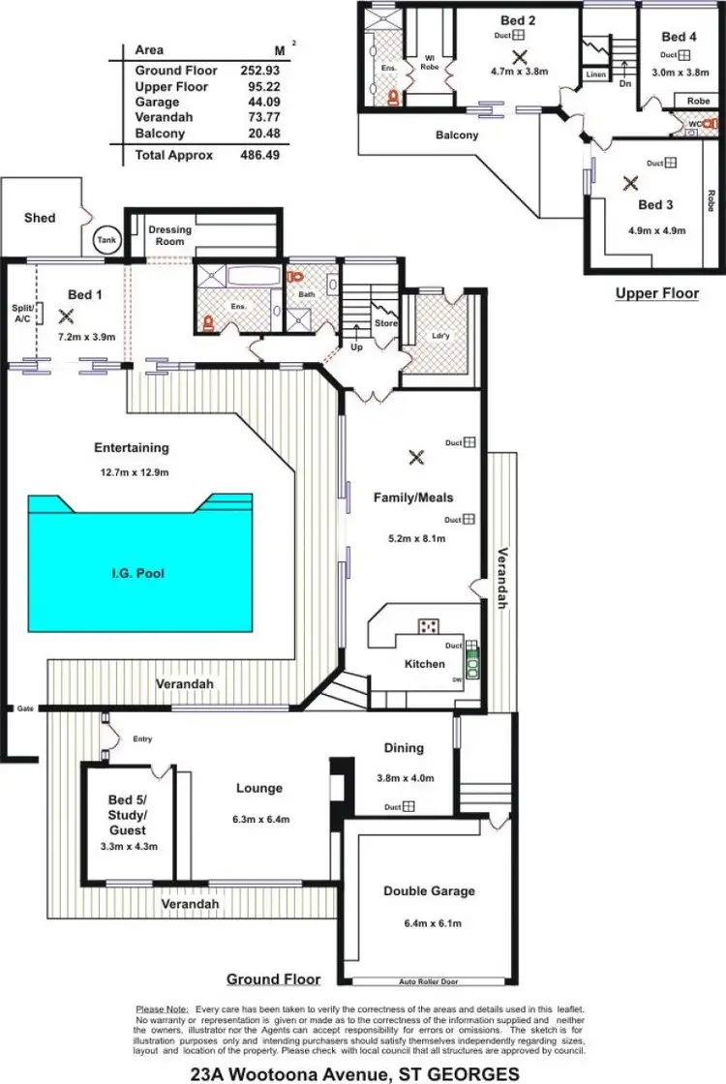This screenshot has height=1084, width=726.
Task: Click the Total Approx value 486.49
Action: point(258,155)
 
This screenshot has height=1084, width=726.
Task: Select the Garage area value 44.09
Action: point(258,102)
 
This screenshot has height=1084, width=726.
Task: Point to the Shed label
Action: point(40,218)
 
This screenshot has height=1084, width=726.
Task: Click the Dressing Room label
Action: point(169,235)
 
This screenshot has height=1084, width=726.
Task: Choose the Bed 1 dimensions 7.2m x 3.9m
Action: point(87,337)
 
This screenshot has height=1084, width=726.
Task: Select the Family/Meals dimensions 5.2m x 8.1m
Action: point(413,538)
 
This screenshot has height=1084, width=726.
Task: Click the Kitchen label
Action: point(424,664)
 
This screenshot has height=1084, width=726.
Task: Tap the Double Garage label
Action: point(429,890)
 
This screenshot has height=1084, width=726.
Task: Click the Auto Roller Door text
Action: point(428,981)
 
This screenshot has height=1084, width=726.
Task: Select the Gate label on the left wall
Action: point(24,709)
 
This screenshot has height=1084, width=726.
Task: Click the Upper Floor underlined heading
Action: point(656,292)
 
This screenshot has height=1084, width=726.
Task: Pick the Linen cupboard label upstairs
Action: point(595,74)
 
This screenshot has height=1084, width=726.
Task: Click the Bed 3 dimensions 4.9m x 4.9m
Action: point(655,230)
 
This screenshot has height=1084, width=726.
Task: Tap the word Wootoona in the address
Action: point(281,1073)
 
